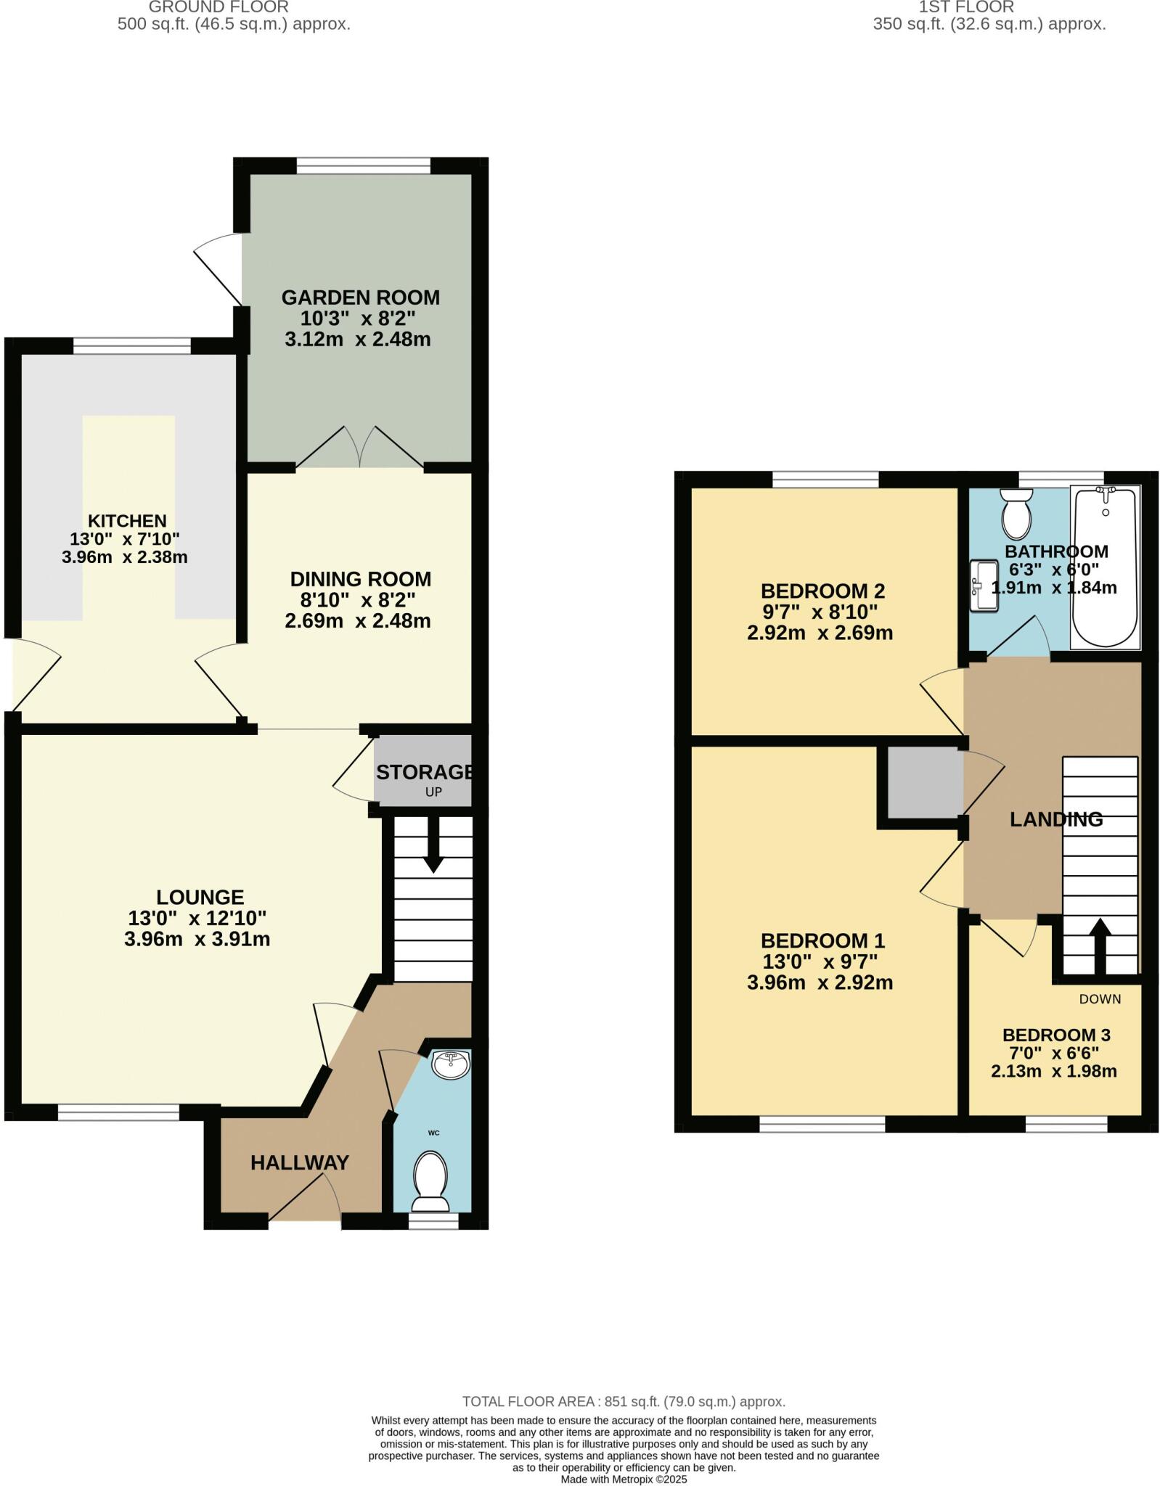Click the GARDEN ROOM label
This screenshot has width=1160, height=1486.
click(x=360, y=297)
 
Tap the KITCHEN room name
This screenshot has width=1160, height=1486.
click(x=127, y=520)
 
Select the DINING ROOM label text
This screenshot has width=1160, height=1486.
click(x=360, y=579)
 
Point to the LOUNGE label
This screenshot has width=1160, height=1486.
click(x=200, y=897)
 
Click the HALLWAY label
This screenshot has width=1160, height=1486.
click(x=300, y=1163)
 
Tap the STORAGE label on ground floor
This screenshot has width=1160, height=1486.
click(x=425, y=772)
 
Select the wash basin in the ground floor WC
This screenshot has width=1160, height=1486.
click(x=451, y=1064)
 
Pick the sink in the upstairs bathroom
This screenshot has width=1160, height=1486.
click(x=984, y=585)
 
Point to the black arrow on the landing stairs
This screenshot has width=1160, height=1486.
click(x=1100, y=945)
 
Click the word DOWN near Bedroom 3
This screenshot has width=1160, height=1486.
click(x=1100, y=999)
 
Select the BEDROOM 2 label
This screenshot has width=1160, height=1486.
click(x=822, y=591)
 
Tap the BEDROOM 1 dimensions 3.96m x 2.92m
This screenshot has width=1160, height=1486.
click(x=820, y=982)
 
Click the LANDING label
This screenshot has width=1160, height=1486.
click(x=1056, y=819)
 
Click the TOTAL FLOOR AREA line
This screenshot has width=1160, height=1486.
click(x=624, y=1402)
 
